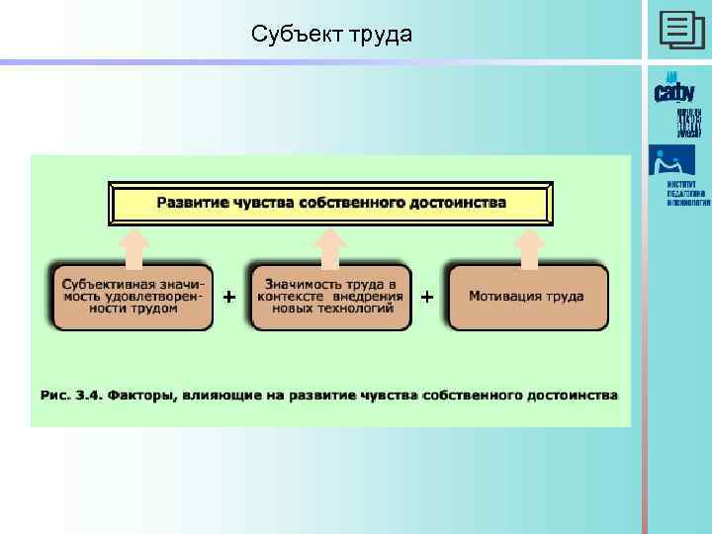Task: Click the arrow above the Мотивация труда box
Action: click(x=532, y=247)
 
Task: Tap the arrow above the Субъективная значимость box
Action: click(x=134, y=247)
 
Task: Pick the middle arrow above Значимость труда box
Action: click(x=331, y=247)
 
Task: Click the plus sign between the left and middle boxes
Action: click(x=229, y=296)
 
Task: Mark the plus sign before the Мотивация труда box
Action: click(x=427, y=296)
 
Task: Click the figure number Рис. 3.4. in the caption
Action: click(x=69, y=395)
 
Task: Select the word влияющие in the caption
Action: click(x=220, y=395)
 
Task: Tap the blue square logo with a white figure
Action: click(x=671, y=160)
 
